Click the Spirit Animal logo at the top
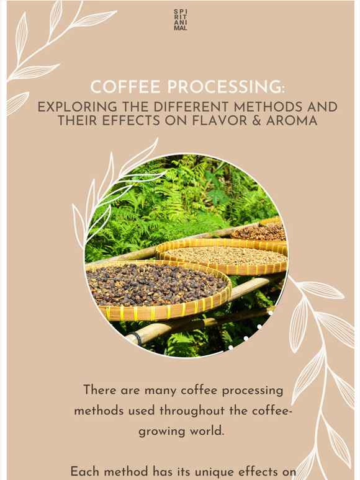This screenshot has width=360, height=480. (x=181, y=20)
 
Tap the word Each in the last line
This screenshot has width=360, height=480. (x=86, y=471)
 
